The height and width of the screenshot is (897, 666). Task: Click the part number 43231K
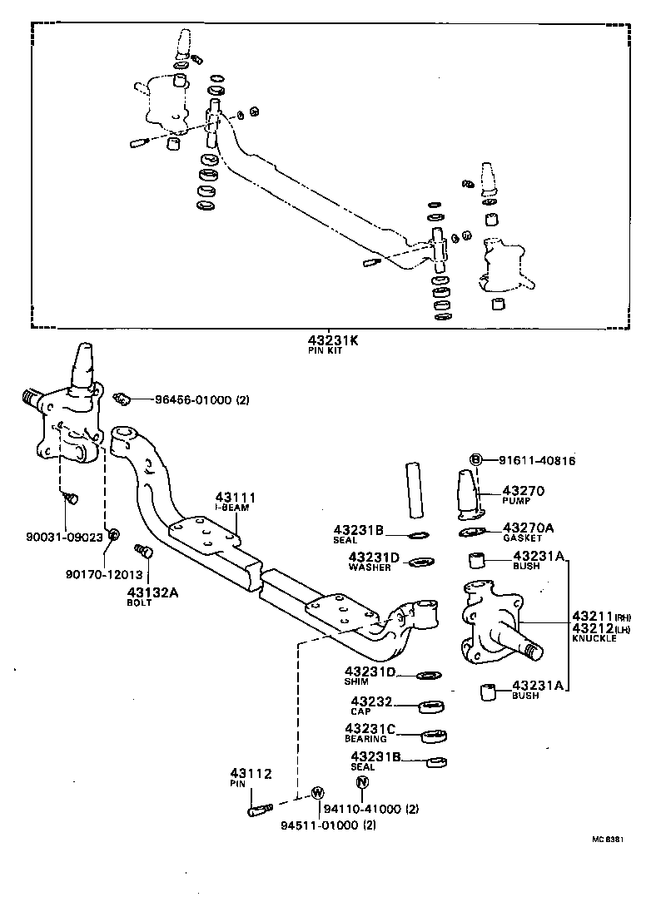[332, 340]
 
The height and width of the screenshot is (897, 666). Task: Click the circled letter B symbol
[476, 459]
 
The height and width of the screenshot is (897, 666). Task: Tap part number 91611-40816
[537, 460]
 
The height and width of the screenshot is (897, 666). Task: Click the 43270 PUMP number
[524, 491]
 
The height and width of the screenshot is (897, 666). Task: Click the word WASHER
[370, 567]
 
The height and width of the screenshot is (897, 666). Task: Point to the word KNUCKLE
[594, 637]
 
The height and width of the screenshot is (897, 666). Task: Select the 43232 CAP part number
[370, 702]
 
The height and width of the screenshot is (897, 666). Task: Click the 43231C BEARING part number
[371, 730]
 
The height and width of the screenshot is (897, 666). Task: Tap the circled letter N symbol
[361, 782]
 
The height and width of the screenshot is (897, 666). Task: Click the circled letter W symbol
[317, 791]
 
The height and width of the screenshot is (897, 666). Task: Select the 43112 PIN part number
[251, 774]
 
